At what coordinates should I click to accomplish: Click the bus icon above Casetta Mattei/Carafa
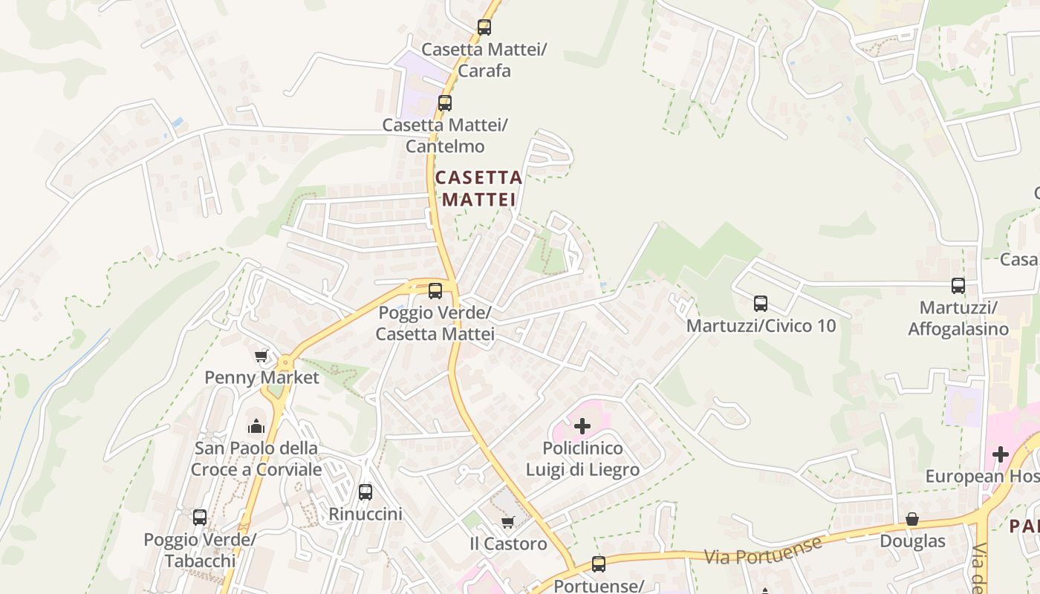484,27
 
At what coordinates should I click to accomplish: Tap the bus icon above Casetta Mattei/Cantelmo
445,103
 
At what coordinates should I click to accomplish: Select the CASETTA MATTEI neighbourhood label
479,189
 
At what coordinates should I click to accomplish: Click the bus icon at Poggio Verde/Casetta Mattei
435,290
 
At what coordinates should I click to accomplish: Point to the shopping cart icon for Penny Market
261,356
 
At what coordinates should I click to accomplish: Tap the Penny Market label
261,377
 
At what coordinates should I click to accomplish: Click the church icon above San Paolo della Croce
256,426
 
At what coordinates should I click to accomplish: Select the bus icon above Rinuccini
365,492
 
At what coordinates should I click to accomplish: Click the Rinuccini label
365,514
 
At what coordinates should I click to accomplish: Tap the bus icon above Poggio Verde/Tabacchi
200,518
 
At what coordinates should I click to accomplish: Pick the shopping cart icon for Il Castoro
508,523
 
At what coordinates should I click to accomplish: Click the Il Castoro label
508,544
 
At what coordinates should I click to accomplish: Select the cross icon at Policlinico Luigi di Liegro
582,426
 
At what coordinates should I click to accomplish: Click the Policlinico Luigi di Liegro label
582,459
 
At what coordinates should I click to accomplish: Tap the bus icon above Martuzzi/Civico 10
761,303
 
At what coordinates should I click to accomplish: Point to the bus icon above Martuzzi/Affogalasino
958,285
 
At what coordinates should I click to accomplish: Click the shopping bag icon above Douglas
912,519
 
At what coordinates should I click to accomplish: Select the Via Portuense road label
763,550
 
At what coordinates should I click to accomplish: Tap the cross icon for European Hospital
1001,454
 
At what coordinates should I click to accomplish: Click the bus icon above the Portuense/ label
599,564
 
